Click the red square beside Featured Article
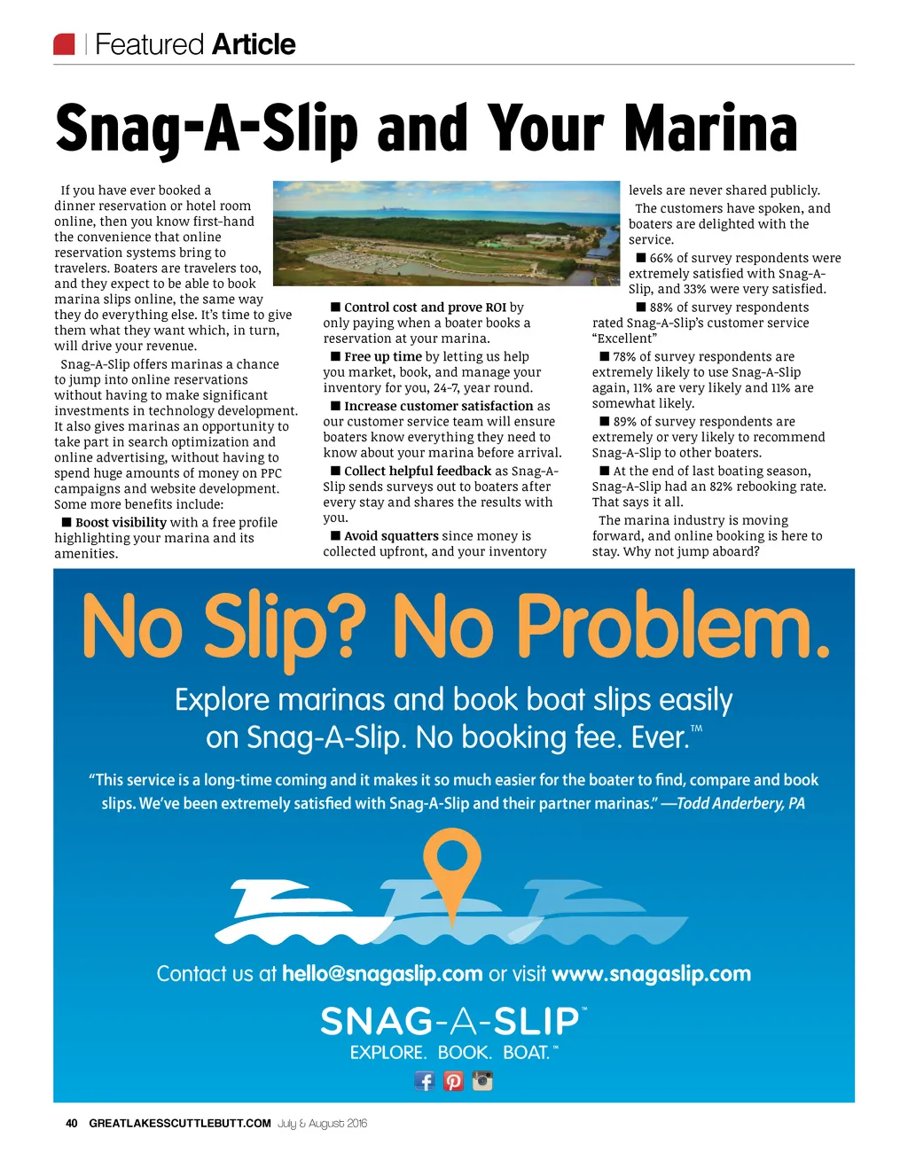(65, 44)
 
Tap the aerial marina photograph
(446, 233)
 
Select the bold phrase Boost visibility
(121, 523)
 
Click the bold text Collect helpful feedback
(418, 471)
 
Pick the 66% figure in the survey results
(661, 258)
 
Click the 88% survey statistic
(661, 308)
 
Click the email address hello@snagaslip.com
(382, 974)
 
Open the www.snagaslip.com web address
(651, 974)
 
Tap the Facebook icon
(425, 1080)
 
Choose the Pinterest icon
(453, 1080)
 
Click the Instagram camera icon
(482, 1080)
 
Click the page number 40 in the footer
(72, 1123)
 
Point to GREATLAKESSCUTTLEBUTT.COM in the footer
(180, 1123)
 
